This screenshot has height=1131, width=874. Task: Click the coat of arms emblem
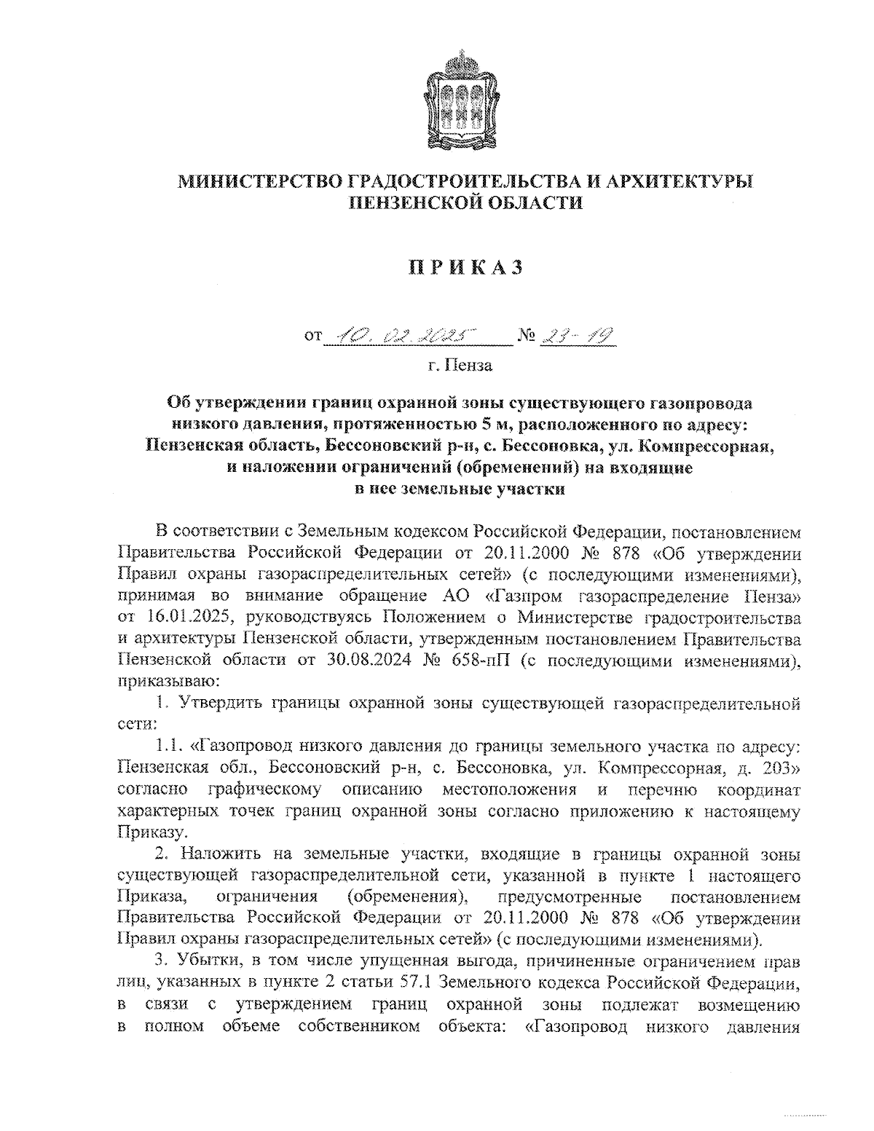458,99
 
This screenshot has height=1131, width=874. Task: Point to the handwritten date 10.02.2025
398,335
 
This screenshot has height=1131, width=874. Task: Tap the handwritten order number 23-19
575,335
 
